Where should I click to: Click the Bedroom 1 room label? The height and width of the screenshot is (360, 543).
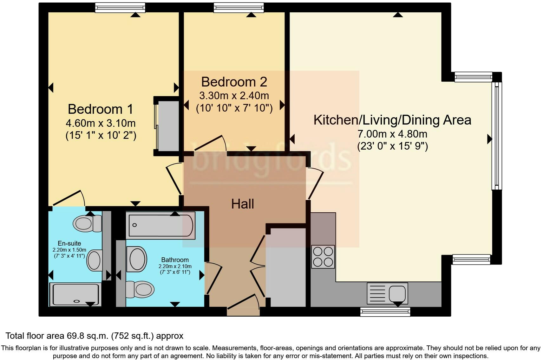tap(101, 109)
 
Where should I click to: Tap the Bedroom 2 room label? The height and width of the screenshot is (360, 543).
tap(234, 82)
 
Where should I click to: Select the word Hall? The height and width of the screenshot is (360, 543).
tap(242, 204)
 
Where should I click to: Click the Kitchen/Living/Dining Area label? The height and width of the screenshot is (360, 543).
tap(392, 120)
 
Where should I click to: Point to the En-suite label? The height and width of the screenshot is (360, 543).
tap(69, 243)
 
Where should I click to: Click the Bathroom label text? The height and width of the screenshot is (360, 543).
tap(175, 260)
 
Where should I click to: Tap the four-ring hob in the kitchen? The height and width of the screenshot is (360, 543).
tap(323, 257)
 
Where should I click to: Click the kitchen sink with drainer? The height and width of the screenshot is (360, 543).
tap(387, 293)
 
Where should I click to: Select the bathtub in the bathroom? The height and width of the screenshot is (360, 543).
tap(160, 225)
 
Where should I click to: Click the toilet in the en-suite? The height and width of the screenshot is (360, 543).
tap(87, 223)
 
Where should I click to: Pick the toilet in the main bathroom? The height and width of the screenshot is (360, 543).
tap(140, 290)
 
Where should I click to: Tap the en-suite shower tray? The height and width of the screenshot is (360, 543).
tap(75, 295)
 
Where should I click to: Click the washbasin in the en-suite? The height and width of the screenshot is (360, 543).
tap(95, 260)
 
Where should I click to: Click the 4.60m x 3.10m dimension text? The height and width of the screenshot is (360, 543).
tap(101, 123)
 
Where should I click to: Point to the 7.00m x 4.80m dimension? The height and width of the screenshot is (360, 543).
tap(392, 134)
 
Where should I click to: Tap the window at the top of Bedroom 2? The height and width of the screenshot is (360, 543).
tap(239, 8)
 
